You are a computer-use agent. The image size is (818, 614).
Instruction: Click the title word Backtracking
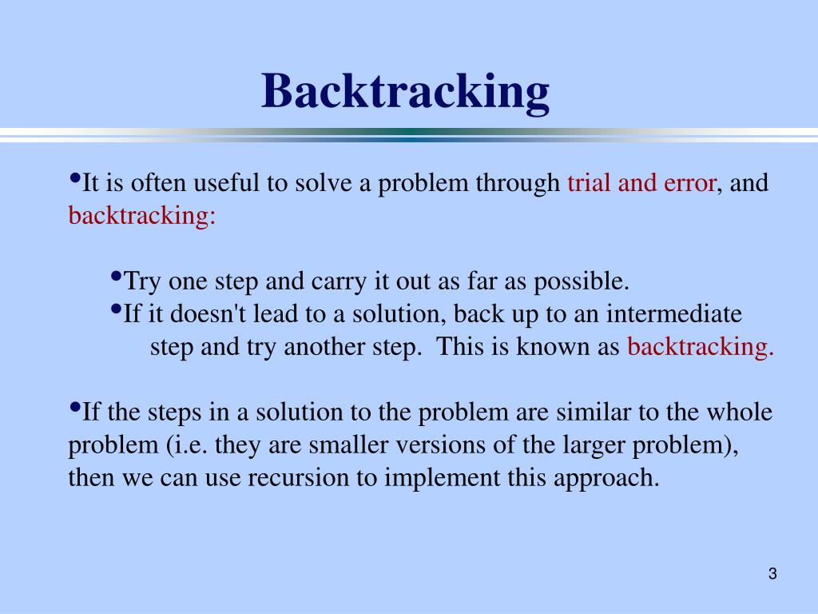tap(406, 91)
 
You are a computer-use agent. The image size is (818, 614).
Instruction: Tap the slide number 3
tap(772, 573)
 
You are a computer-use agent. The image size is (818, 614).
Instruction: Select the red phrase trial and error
tap(641, 184)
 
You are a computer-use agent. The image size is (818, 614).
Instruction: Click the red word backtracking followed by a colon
tap(142, 217)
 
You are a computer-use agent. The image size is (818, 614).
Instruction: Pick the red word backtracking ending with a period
tap(701, 347)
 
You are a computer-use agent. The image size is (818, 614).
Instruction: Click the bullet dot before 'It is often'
tap(75, 178)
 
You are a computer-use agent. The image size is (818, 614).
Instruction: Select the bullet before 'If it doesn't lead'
tap(116, 309)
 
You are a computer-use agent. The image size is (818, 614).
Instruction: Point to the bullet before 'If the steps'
tap(75, 408)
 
